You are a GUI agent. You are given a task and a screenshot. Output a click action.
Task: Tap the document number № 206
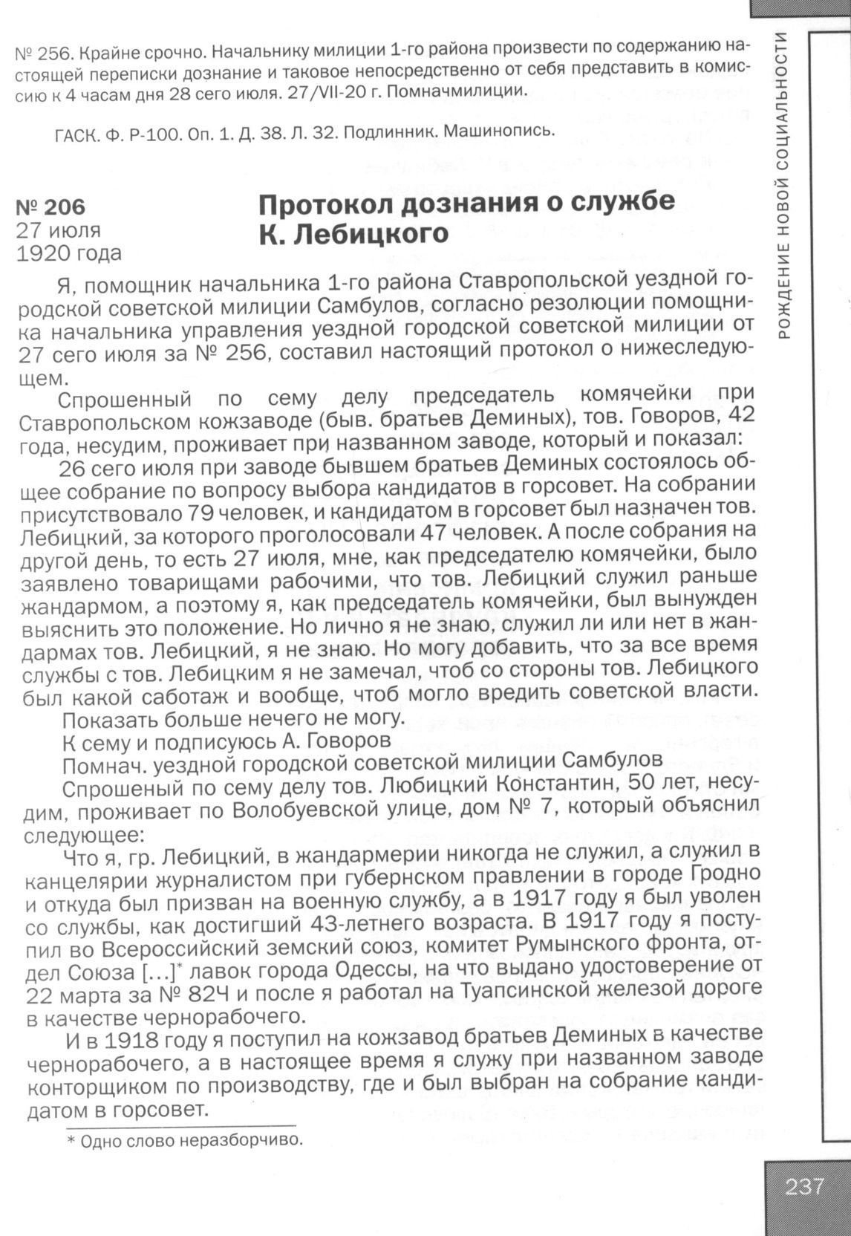coord(51,206)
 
